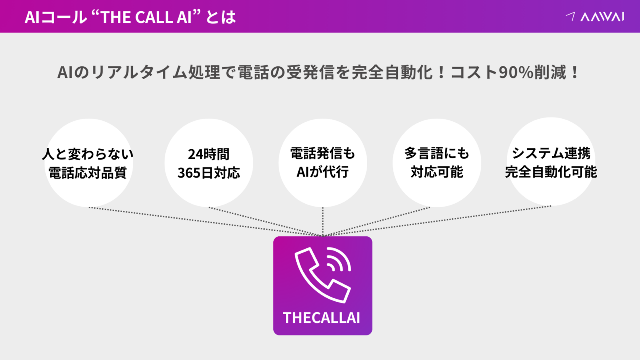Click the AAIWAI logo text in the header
pos(602,17)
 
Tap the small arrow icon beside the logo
pos(571,16)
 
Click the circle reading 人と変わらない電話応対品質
pos(89,163)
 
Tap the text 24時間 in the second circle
pos(209,154)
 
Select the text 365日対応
pos(209,172)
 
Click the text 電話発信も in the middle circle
pos(322,153)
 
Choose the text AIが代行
pos(322,172)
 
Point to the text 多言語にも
pos(437,153)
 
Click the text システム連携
pos(551,153)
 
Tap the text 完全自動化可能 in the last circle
pos(551,172)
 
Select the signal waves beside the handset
pos(339,259)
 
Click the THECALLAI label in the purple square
pos(321,318)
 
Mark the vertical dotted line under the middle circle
pos(323,222)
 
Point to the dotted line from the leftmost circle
pos(206,222)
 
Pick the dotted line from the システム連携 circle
pos(437,221)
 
